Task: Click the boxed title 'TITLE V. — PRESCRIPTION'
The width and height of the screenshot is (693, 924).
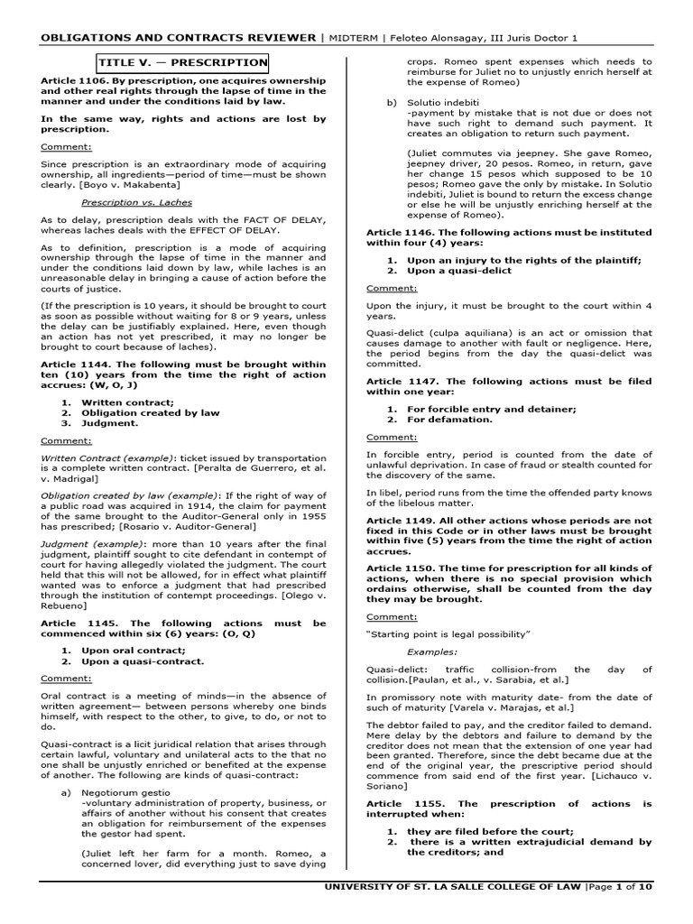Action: (x=182, y=63)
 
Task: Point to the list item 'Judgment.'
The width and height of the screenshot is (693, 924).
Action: (x=111, y=422)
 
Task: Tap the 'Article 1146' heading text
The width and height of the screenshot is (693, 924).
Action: (x=402, y=232)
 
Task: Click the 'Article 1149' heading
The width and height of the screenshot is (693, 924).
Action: (x=402, y=521)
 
